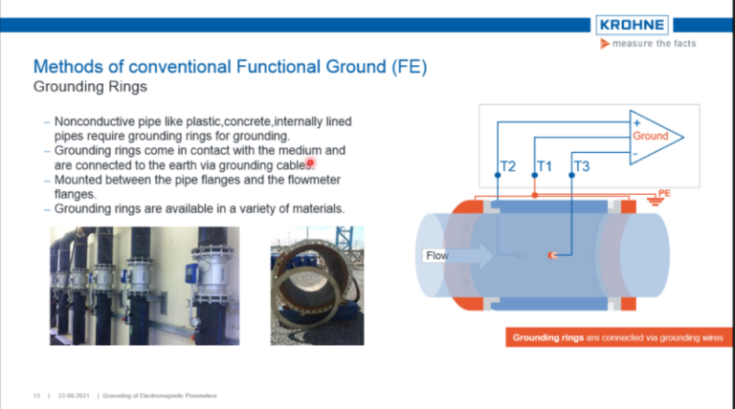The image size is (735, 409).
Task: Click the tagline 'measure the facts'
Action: (654, 44)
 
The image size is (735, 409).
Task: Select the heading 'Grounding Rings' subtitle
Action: (90, 87)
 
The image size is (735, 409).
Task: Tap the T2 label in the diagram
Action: (508, 166)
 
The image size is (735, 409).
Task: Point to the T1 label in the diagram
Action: (544, 166)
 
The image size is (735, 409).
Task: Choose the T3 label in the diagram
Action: (581, 166)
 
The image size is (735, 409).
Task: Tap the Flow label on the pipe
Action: (436, 255)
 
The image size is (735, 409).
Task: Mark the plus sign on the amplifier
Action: (635, 122)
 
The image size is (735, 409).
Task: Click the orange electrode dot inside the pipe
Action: (550, 255)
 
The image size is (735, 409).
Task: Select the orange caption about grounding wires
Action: (618, 338)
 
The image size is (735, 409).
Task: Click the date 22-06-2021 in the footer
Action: (74, 395)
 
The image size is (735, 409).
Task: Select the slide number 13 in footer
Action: (36, 395)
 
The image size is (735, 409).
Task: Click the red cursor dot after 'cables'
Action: (310, 163)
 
